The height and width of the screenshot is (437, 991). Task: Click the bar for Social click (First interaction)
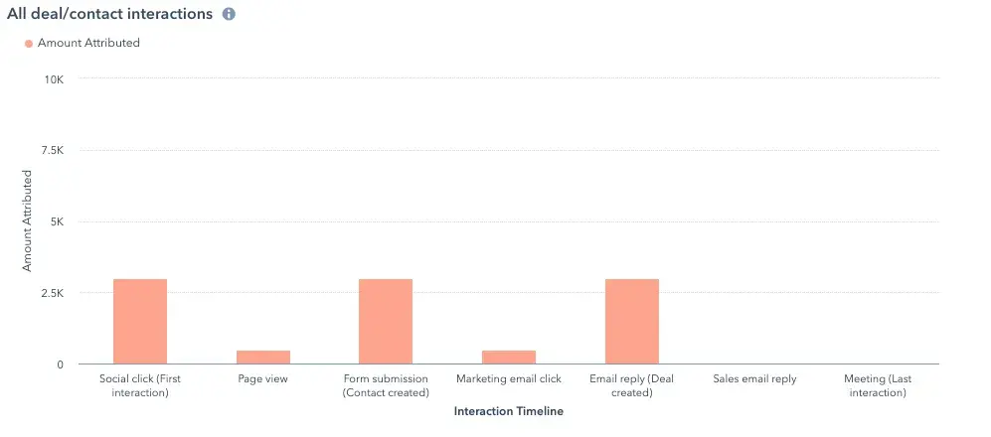coord(140,322)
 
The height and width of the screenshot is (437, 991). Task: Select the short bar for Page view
coord(263,358)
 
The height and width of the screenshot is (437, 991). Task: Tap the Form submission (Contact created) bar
coord(386,322)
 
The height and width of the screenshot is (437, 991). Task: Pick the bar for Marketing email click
coord(509,358)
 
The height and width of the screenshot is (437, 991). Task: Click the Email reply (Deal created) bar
coord(632,322)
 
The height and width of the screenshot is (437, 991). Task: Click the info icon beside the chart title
coord(229,15)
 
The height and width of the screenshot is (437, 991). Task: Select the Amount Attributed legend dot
coord(28,44)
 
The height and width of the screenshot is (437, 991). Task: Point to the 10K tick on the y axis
coord(52,79)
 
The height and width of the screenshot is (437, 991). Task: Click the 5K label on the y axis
coord(55,222)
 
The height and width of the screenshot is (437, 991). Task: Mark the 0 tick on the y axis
coord(60,365)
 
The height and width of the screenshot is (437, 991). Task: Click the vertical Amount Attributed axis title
coord(28,220)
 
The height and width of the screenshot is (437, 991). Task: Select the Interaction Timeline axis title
coord(508,410)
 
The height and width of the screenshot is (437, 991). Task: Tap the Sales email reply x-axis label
coord(755,379)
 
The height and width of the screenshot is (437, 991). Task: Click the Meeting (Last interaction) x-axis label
coord(878,385)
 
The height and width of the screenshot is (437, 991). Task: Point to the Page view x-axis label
coord(263,379)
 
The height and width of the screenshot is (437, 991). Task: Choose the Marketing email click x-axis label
coord(509,379)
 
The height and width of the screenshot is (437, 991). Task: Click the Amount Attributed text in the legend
coord(88,44)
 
